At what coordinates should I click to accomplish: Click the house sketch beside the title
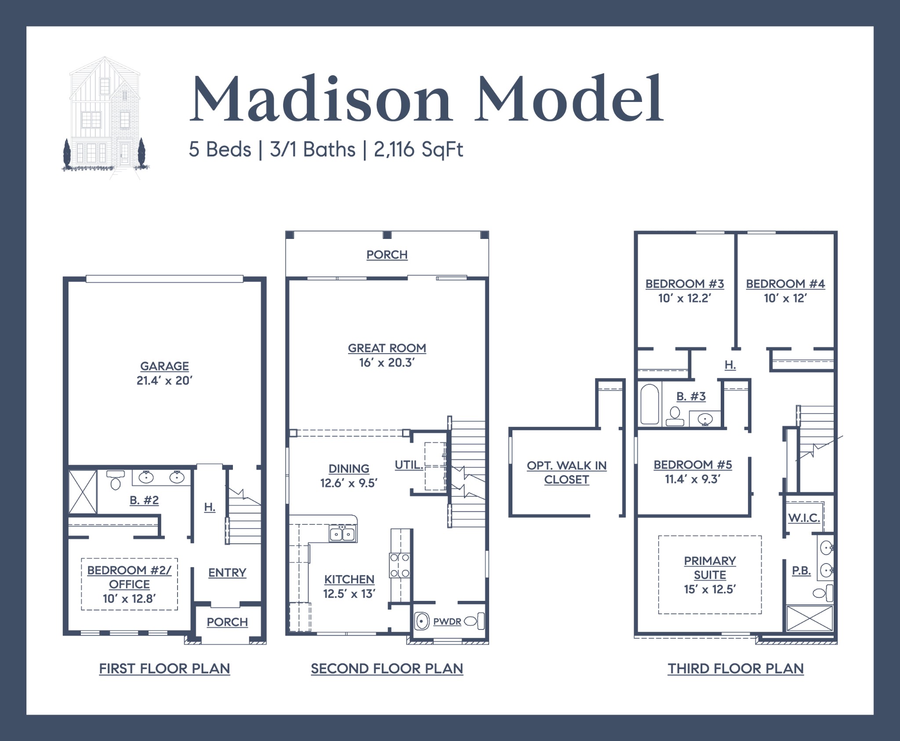(104, 116)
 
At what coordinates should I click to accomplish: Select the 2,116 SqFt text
(418, 150)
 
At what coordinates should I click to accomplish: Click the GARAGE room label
(164, 366)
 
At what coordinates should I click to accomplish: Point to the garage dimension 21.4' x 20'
(164, 380)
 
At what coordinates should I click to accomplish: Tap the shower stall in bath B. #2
(83, 492)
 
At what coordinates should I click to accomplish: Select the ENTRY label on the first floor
(227, 572)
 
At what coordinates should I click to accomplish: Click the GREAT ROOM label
(387, 348)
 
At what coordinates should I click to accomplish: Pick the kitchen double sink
(342, 534)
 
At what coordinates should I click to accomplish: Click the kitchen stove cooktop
(400, 565)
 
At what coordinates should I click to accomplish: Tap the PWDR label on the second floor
(447, 622)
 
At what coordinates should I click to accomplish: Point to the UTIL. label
(409, 465)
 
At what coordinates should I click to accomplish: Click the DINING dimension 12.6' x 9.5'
(349, 483)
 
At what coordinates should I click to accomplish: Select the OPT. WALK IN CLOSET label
(566, 472)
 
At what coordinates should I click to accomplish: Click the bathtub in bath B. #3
(650, 404)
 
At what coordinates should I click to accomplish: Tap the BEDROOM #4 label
(785, 284)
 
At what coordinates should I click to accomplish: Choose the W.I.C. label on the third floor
(804, 518)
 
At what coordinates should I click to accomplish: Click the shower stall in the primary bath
(809, 618)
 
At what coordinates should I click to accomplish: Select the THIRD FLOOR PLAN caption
(736, 669)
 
